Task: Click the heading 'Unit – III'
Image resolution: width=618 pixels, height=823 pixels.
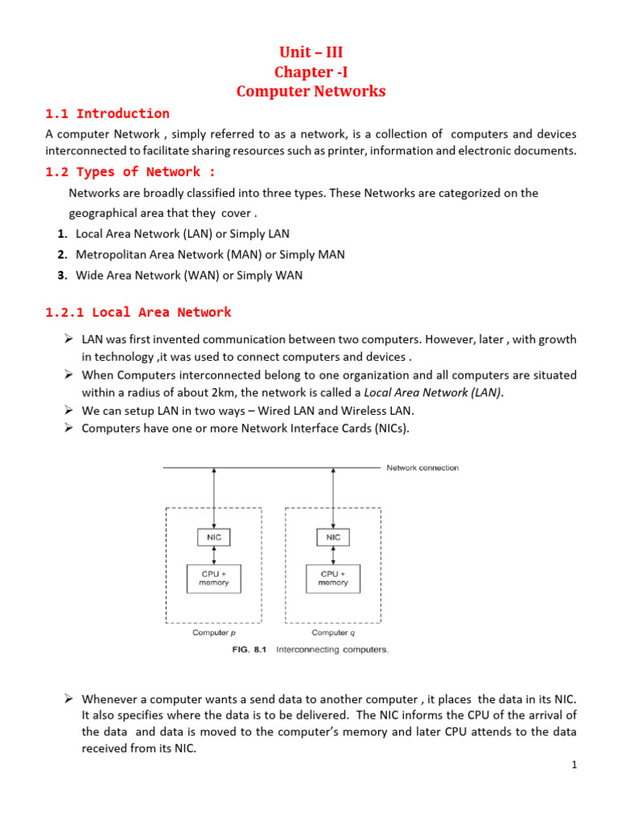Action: [x=311, y=53]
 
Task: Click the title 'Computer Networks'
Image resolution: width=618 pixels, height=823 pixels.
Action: [x=311, y=91]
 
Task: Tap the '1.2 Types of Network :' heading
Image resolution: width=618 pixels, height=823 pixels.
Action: [x=131, y=171]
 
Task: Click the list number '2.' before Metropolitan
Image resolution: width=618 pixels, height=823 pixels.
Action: [x=62, y=255]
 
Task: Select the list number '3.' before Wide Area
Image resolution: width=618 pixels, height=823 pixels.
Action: [x=62, y=276]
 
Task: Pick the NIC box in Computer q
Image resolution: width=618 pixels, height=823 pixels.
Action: [x=333, y=537]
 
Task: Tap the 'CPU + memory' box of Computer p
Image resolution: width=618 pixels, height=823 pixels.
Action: [x=213, y=578]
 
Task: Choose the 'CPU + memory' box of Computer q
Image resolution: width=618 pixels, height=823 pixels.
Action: [x=333, y=578]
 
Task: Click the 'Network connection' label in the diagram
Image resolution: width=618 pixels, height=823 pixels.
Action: [x=422, y=468]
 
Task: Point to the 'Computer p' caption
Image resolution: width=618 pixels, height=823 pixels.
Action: [x=214, y=633]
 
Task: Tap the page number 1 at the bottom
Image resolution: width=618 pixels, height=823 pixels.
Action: [x=575, y=765]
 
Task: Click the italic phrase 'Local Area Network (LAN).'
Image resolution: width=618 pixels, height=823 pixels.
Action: [x=434, y=392]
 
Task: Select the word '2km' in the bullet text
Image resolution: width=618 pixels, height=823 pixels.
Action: [x=212, y=392]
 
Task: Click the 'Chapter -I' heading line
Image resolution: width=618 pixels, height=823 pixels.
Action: [x=311, y=72]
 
